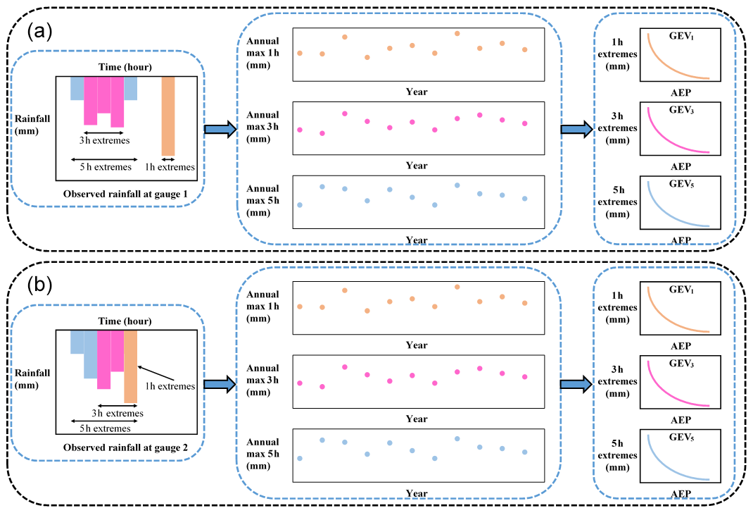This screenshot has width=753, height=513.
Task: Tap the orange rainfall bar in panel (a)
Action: click(168, 116)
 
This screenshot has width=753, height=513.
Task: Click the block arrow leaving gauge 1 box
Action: click(219, 130)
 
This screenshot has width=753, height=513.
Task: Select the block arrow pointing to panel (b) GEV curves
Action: click(576, 384)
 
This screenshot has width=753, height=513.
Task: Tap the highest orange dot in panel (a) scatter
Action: click(457, 33)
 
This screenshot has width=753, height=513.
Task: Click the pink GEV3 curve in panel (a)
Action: click(668, 137)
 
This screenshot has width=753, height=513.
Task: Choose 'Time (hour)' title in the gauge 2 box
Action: click(126, 321)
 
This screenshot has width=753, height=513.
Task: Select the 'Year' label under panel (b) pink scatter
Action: click(417, 419)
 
